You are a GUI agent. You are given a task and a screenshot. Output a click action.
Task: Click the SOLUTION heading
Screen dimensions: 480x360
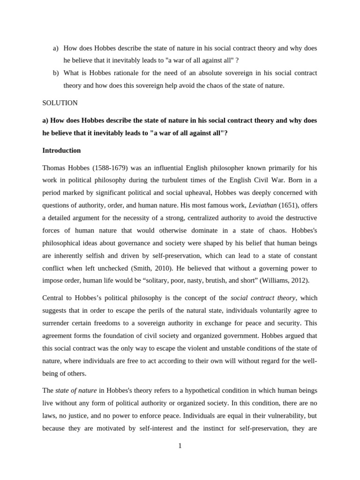[x=60, y=103]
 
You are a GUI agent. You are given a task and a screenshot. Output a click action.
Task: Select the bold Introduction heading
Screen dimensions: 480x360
[x=61, y=150]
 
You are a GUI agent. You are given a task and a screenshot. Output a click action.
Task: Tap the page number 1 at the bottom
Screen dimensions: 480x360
[x=180, y=446]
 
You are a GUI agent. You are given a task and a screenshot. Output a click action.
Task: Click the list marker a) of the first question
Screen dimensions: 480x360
[x=56, y=48]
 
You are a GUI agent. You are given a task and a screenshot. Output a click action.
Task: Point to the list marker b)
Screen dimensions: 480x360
[x=56, y=73]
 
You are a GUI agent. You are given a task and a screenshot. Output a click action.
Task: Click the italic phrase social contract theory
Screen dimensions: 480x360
[x=263, y=298]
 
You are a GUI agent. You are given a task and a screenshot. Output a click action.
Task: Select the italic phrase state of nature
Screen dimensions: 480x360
[x=76, y=390]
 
